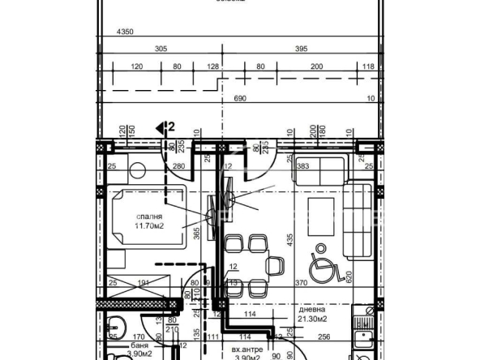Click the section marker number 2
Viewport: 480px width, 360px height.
[x=170, y=126]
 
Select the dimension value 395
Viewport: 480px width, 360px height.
[x=301, y=49]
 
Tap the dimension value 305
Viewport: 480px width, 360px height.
[x=161, y=49]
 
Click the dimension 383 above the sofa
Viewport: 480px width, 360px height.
[x=303, y=166]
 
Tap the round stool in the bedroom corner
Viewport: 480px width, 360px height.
[x=135, y=170]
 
